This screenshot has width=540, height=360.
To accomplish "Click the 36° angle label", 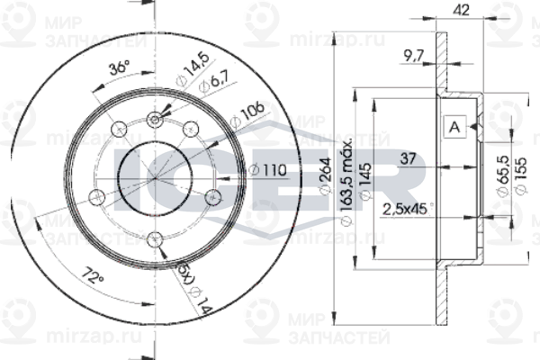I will [x=119, y=69].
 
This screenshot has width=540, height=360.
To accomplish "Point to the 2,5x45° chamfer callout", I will [x=406, y=209].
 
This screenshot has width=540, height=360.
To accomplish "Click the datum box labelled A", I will [x=454, y=128].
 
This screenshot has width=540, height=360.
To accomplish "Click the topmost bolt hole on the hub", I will [x=156, y=116].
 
